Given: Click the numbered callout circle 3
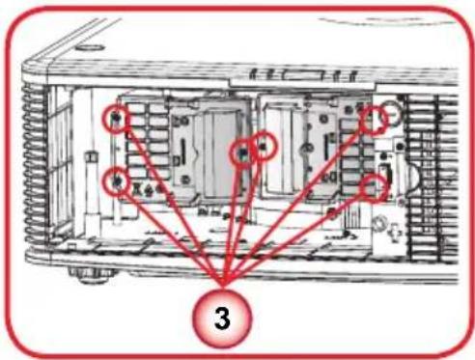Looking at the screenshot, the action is pos(222,318).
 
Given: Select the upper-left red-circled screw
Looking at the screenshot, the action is pos(116,119).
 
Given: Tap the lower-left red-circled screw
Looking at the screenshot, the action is pos(116,181).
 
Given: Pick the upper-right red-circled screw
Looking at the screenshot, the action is pos(374,120).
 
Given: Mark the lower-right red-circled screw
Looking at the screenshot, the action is pos(374,188).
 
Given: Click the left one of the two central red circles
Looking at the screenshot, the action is pos(242,153).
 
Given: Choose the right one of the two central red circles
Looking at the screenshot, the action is pos(264,147).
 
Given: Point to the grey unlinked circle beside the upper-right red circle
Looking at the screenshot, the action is pos(390,113).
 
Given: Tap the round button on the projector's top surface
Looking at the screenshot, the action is pos(91,48).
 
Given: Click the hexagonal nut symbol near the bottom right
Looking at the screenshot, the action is pos(379,223).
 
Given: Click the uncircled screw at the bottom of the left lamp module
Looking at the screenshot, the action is pos(185,180).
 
